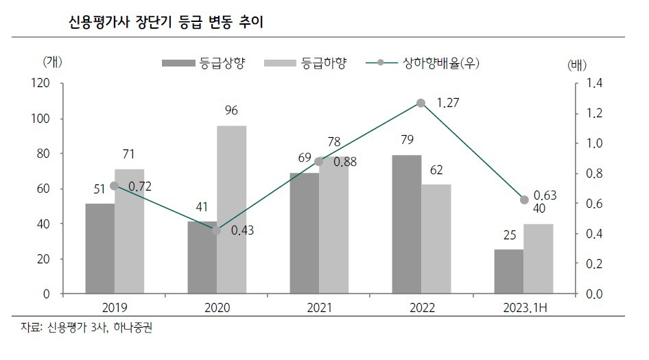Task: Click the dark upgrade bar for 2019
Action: tap(99, 249)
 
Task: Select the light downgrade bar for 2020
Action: tap(231, 210)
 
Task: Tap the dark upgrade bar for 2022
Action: tap(407, 225)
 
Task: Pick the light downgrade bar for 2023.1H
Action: tap(539, 259)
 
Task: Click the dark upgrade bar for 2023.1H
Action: tap(508, 272)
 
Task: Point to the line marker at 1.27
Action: tap(421, 103)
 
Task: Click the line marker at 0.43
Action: tap(217, 230)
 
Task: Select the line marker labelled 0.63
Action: tap(524, 200)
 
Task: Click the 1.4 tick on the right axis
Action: tap(593, 84)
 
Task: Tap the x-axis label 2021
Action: tap(319, 308)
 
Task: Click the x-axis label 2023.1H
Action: tap(523, 308)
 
